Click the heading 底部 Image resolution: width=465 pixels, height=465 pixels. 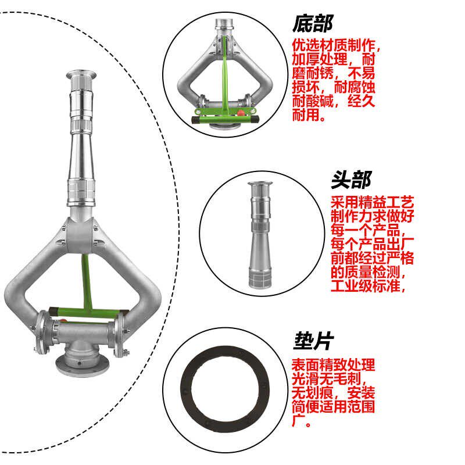(313, 24)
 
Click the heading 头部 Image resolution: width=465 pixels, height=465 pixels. (351, 180)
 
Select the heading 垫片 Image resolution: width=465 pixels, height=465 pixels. (313, 341)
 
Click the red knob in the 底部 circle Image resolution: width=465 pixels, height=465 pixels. (241, 113)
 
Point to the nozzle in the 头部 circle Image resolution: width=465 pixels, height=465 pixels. (260, 234)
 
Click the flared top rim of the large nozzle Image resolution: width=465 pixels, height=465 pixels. (81, 75)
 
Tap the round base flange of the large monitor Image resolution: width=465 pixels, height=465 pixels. (82, 367)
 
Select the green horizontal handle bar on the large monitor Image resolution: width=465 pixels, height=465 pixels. (89, 313)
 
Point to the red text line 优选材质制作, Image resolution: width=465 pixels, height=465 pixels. (336, 45)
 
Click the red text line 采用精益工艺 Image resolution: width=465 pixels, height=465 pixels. (372, 202)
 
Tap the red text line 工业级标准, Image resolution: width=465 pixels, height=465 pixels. (368, 286)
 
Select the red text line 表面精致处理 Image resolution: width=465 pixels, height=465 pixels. (333, 365)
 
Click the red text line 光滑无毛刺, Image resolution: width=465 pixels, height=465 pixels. (329, 379)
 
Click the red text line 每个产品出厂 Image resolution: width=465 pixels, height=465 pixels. (372, 244)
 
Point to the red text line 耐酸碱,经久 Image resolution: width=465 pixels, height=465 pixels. (334, 101)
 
